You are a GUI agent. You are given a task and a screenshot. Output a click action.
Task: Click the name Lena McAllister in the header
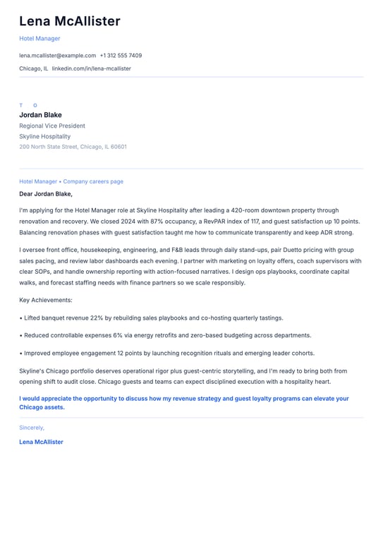click(70, 21)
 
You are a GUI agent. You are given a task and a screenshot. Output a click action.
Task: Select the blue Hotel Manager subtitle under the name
click(39, 39)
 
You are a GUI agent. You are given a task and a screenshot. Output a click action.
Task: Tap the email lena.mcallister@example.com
click(57, 55)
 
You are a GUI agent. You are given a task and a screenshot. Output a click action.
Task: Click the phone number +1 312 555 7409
click(121, 55)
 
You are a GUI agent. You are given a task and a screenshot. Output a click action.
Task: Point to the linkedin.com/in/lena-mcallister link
click(91, 68)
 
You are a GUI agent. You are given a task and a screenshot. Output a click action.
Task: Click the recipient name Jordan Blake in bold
click(40, 115)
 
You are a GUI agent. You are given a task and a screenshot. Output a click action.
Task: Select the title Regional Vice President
click(52, 126)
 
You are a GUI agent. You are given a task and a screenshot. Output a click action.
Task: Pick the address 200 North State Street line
click(73, 147)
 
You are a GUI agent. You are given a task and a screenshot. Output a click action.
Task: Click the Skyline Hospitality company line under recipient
click(44, 136)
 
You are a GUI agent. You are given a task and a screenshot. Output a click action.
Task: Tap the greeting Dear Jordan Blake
click(46, 193)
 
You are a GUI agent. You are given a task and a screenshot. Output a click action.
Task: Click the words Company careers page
click(93, 181)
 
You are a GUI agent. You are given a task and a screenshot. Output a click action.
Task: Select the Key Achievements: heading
click(45, 300)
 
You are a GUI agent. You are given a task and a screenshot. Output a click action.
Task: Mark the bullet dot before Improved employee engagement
click(21, 353)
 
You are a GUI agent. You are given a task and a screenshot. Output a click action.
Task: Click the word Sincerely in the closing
click(31, 428)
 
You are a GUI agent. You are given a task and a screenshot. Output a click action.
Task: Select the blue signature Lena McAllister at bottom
click(41, 442)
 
